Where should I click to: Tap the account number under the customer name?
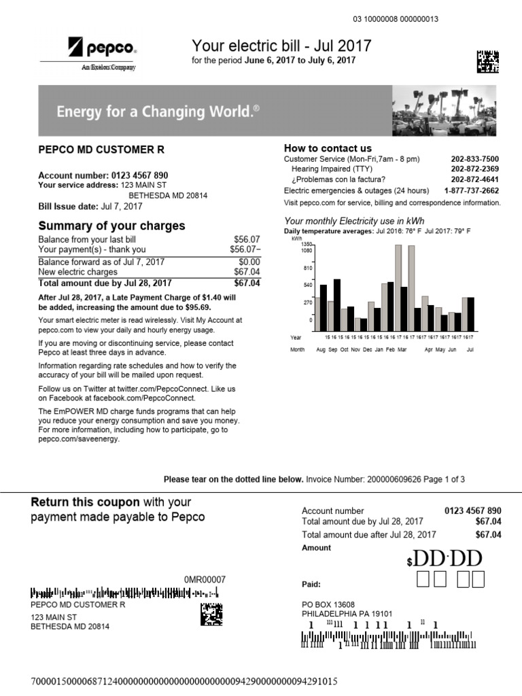[x=103, y=175]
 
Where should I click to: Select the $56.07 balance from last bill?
[x=247, y=240]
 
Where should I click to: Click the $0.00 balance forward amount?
[x=249, y=262]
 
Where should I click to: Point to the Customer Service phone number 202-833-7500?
[x=474, y=158]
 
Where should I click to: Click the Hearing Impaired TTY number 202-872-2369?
[x=474, y=169]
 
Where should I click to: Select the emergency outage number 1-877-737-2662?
[x=471, y=191]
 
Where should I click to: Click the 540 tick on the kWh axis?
[x=307, y=285]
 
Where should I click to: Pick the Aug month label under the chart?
[x=321, y=349]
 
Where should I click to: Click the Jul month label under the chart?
[x=469, y=349]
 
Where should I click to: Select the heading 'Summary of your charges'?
[x=111, y=226]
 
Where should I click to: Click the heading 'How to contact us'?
[x=328, y=148]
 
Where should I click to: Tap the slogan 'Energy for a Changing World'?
[x=158, y=111]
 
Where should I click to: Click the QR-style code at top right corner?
[x=487, y=61]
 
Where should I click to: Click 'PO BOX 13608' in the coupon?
[x=328, y=604]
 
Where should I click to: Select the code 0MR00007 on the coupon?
[x=205, y=579]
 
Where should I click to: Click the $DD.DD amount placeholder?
[x=445, y=559]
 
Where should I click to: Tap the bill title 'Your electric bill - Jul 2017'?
[x=281, y=46]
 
